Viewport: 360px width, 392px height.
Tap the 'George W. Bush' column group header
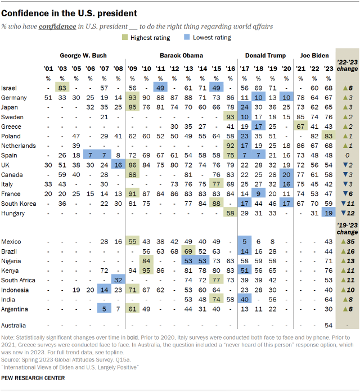[x=83, y=56]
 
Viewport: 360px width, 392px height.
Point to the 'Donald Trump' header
[x=265, y=56]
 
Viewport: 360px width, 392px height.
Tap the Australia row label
[x=14, y=325]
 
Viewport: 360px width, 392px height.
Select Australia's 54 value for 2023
[x=328, y=325]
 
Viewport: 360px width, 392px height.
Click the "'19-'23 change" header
[x=346, y=229]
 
